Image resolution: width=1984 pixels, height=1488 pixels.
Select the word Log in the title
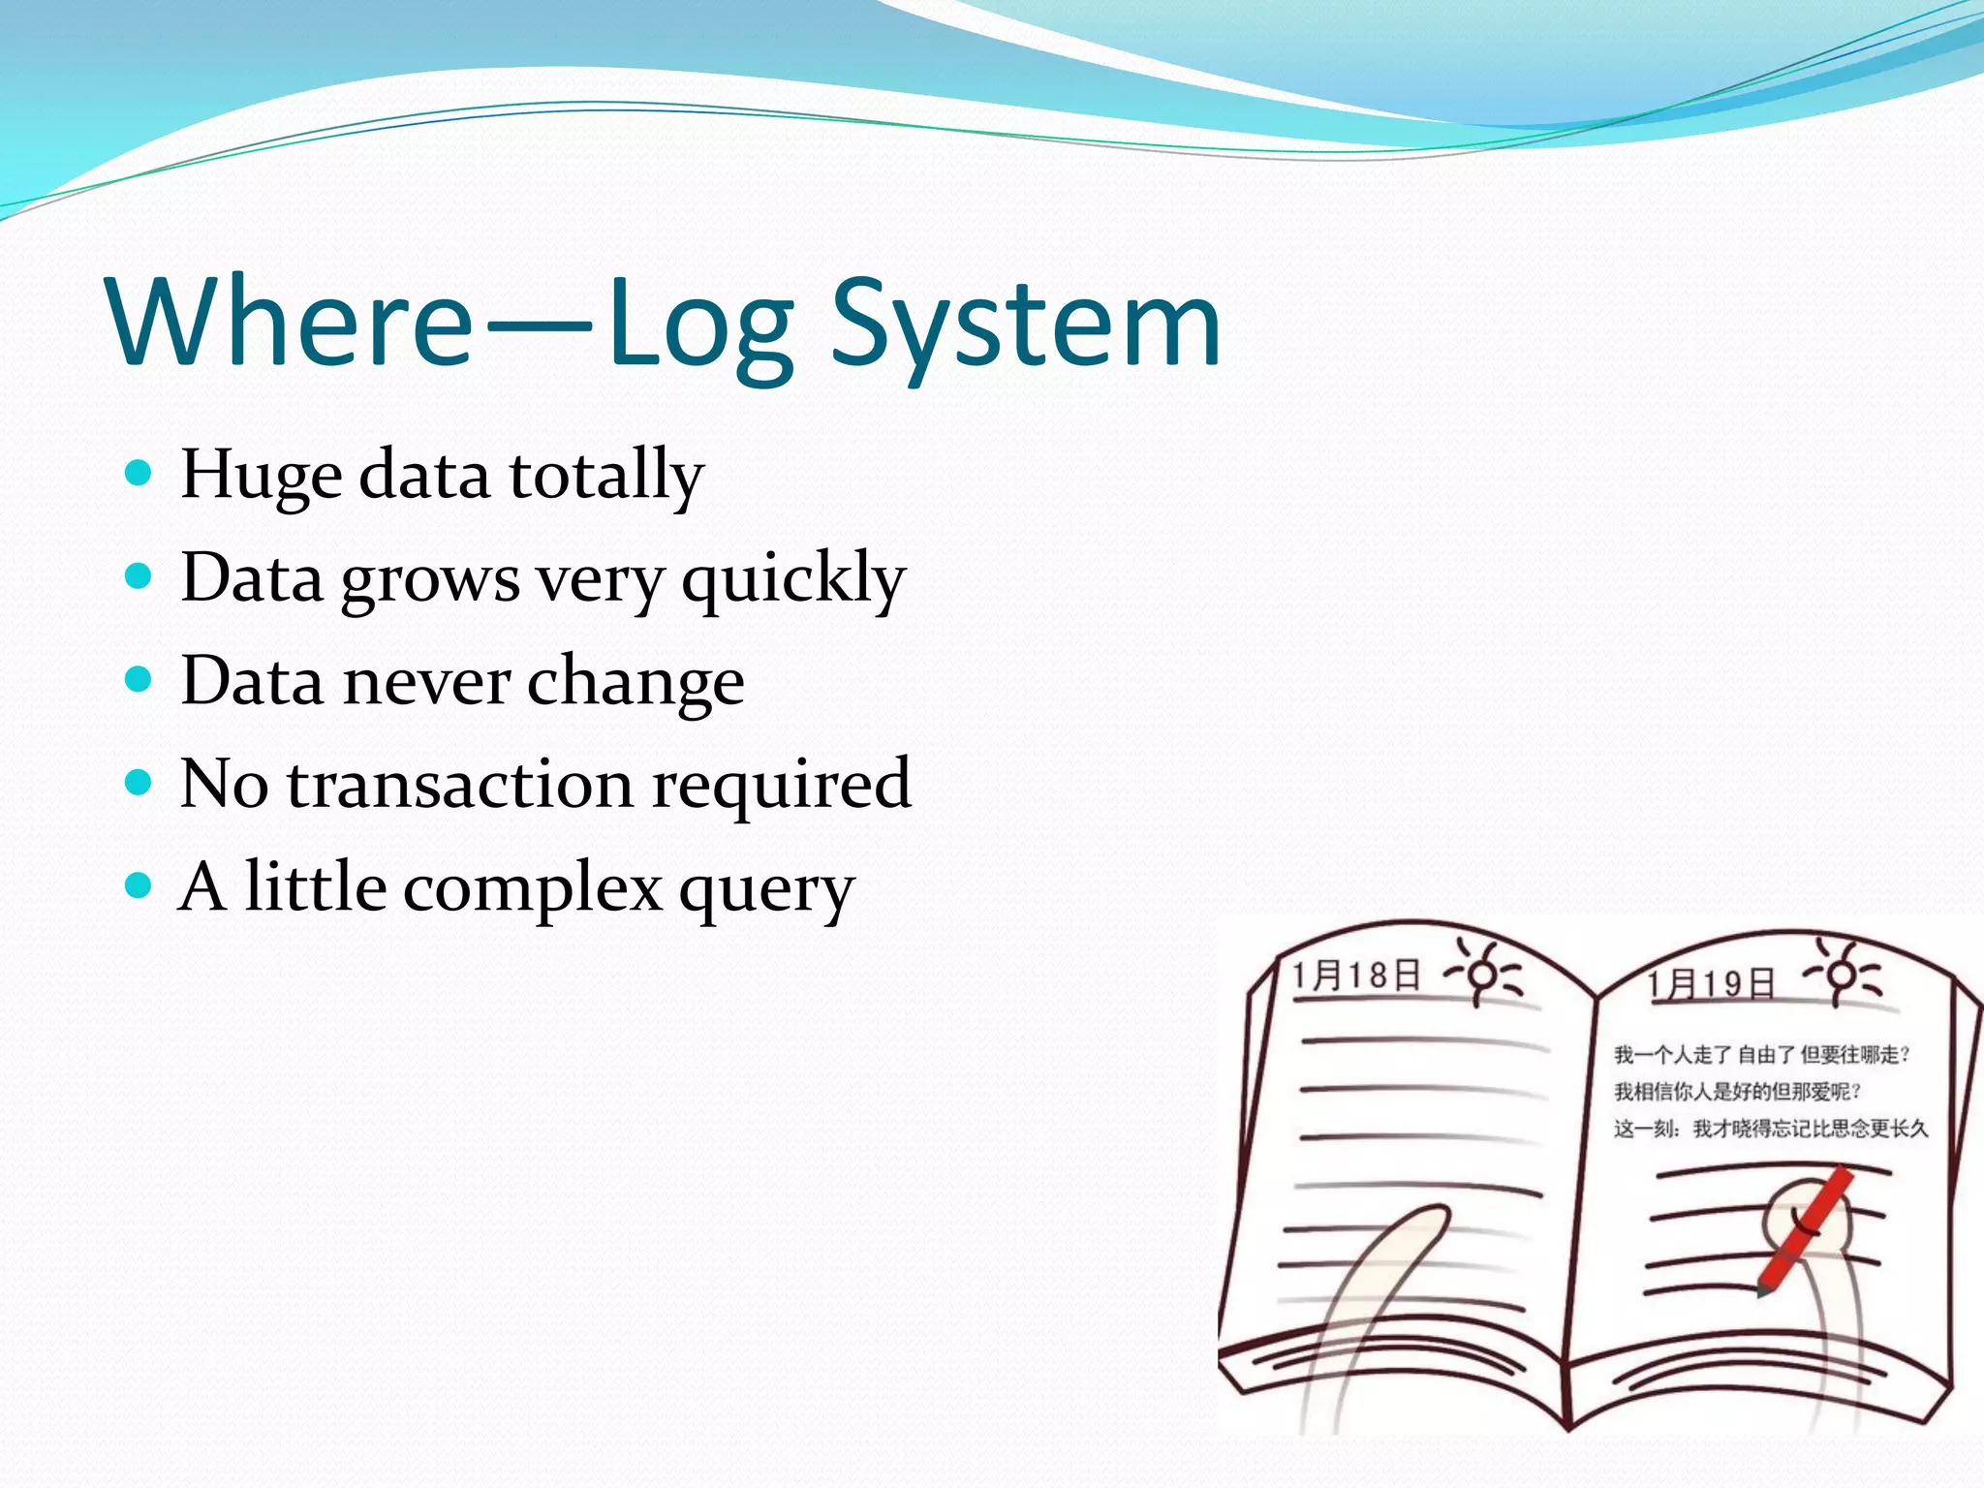tap(699, 325)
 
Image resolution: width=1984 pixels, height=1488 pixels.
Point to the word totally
tap(606, 475)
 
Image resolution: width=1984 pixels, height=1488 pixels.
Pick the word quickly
tap(792, 579)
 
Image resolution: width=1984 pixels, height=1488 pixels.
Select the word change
tap(635, 682)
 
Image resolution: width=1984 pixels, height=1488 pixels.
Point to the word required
tap(781, 785)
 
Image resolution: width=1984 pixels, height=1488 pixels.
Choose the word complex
tap(533, 887)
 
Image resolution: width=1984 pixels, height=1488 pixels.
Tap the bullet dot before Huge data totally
tap(139, 474)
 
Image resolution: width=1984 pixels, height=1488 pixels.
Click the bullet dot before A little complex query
tap(139, 885)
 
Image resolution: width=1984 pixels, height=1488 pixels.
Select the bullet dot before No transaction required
tap(139, 782)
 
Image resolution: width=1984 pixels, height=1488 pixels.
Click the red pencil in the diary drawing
tap(1804, 1230)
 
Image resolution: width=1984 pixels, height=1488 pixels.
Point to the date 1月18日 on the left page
tap(1355, 975)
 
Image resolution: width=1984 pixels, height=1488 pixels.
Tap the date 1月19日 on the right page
tap(1711, 984)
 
